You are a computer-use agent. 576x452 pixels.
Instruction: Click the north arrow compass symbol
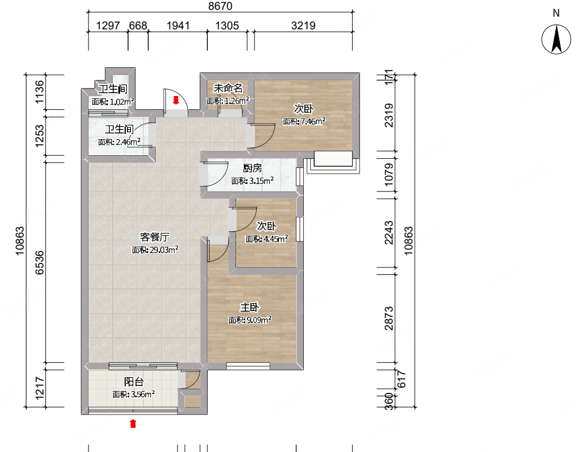pos(556,39)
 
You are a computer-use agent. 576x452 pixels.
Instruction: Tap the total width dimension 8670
pos(221,6)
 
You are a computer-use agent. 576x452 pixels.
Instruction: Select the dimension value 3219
pos(303,25)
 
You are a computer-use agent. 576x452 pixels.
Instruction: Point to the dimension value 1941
pos(178,25)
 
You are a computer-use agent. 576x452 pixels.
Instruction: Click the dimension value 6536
pos(39,263)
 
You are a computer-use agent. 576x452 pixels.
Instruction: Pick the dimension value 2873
pos(389,318)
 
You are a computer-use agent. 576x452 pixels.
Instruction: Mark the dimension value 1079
pos(389,175)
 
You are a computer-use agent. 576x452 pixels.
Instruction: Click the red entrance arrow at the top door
pos(176,100)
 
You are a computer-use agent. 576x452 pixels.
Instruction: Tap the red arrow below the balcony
pos(133,423)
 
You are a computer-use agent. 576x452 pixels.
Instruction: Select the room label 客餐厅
pos(154,237)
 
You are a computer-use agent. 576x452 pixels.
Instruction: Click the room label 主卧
pos(250,307)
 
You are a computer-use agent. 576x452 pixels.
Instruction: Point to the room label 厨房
pos(252,168)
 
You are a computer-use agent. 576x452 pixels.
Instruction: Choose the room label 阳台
pos(134,381)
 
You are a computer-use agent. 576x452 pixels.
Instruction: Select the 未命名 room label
pos(228,88)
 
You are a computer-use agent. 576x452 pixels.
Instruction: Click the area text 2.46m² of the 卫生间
pos(128,142)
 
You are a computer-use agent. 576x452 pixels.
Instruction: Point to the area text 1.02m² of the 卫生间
pos(122,102)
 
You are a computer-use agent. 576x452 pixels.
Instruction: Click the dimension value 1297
pos(108,25)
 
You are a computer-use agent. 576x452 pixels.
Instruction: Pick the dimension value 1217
pos(39,388)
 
